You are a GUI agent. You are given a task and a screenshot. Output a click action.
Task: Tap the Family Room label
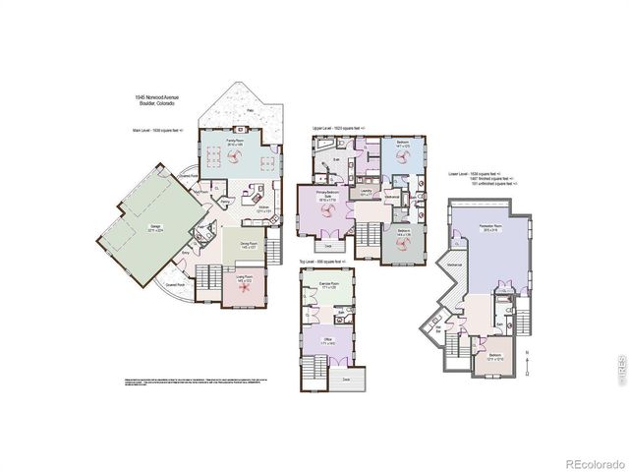click(x=235, y=145)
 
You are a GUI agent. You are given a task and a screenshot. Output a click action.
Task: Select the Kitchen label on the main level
click(x=263, y=208)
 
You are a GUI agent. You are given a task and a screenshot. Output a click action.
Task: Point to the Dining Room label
click(x=250, y=246)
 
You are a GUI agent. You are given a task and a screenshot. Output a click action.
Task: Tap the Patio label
click(x=250, y=110)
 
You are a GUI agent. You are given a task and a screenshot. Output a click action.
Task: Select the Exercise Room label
click(x=329, y=285)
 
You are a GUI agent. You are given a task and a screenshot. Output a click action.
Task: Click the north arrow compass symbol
click(x=529, y=363)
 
